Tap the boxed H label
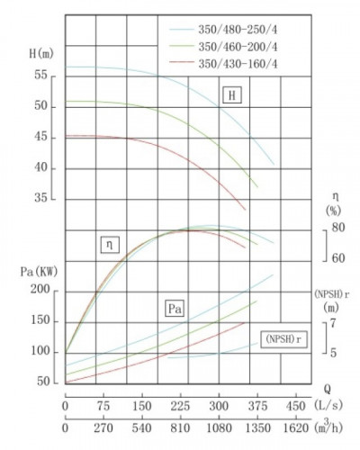point(233,95)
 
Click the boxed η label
point(111,243)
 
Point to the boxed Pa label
point(176,309)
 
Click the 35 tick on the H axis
point(41,199)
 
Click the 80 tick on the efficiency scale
point(338,228)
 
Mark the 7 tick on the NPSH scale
point(333,321)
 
